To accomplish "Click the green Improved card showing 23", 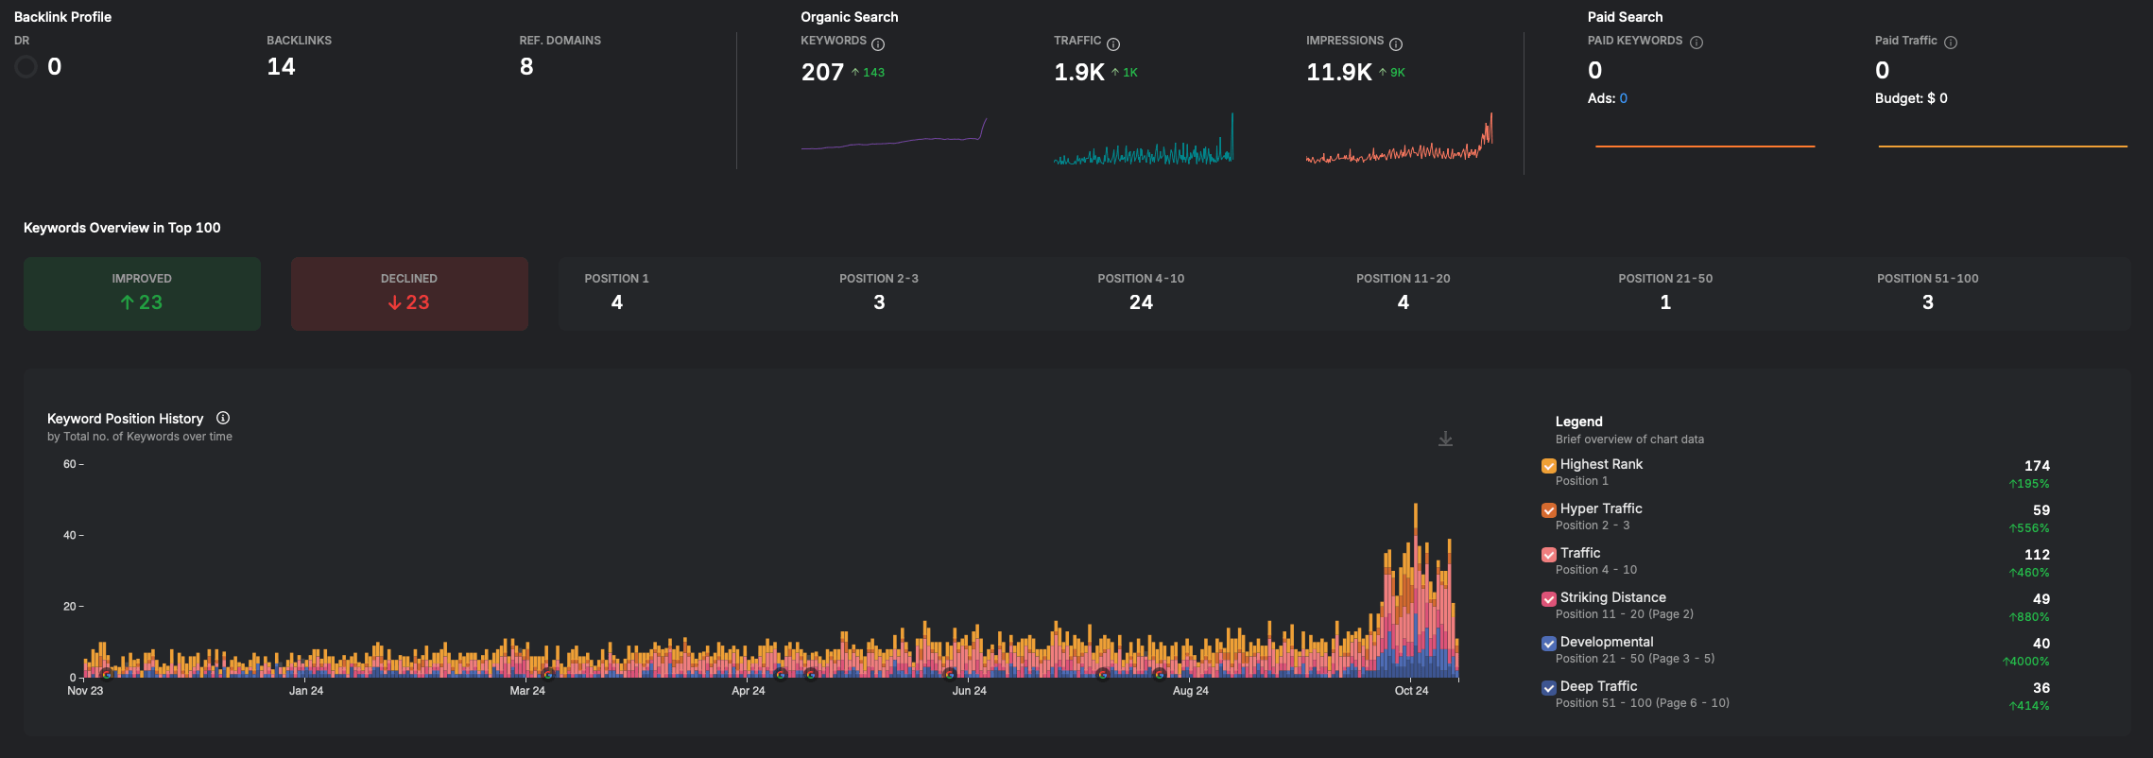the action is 142,293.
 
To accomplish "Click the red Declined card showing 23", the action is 409,293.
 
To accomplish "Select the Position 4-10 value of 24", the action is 1141,302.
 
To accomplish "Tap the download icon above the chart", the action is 1445,439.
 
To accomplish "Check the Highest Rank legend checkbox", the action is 1548,465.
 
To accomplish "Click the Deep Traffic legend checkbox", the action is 1548,687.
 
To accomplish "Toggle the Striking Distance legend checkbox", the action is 1548,598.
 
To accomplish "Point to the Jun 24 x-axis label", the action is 969,691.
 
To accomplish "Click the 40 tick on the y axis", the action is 69,535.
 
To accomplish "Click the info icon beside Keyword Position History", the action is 223,418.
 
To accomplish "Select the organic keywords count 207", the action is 822,72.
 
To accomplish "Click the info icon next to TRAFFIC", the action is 1113,44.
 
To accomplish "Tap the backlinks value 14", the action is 281,66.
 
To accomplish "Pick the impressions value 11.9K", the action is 1338,72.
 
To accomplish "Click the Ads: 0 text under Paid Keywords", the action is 1607,98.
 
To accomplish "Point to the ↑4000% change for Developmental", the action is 2025,662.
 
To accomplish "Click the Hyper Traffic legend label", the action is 1601,508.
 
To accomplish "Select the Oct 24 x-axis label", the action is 1411,691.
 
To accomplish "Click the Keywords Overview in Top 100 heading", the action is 122,228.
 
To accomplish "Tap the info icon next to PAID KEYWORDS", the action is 1697,43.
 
